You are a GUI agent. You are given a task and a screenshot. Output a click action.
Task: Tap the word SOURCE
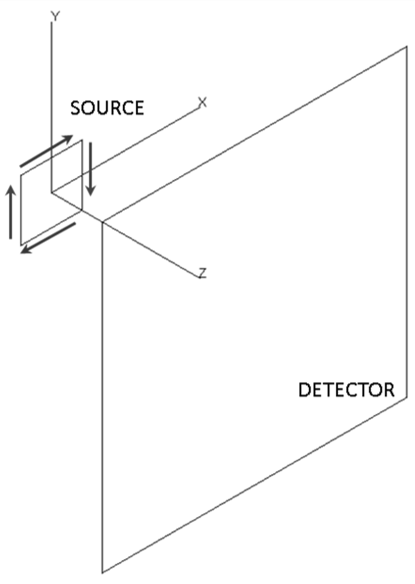tap(107, 108)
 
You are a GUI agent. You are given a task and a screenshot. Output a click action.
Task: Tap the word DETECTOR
tap(346, 390)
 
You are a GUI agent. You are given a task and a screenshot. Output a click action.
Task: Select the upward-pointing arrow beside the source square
tap(11, 212)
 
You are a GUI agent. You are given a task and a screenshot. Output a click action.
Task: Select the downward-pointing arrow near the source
tap(91, 169)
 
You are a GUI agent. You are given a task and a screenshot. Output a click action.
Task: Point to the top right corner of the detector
tap(407, 47)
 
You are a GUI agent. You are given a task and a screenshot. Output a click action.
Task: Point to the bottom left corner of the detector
tap(102, 573)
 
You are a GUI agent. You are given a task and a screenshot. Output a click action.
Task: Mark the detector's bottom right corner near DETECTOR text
tap(407, 397)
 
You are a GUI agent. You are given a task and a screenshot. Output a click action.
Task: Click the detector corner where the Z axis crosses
tap(102, 222)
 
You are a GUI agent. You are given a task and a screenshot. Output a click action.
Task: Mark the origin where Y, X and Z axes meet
tap(52, 192)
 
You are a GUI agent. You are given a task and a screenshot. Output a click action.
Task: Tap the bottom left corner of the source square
tap(21, 245)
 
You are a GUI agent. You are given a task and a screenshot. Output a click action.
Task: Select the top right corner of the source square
tap(82, 140)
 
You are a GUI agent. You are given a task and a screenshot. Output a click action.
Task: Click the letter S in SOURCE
tap(76, 108)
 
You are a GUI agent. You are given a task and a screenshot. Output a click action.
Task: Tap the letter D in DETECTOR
tap(304, 390)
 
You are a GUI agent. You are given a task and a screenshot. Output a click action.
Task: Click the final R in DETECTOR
tap(389, 390)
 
